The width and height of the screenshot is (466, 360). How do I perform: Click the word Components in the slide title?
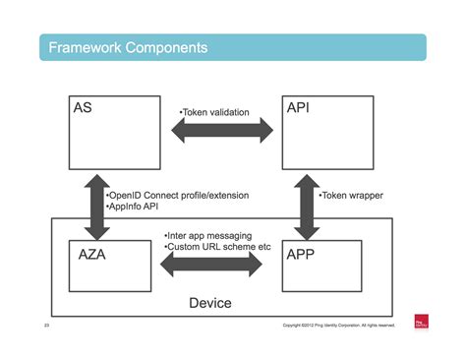166,47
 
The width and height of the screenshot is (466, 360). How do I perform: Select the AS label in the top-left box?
85,108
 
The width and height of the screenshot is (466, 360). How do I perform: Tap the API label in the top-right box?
299,108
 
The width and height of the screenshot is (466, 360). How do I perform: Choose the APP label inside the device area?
302,253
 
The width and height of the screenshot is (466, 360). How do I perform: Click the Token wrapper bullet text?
351,196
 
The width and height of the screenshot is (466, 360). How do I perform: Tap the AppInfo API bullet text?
136,209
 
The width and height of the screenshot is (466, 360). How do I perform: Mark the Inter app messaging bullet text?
207,236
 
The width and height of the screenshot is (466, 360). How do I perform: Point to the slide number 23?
46,325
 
